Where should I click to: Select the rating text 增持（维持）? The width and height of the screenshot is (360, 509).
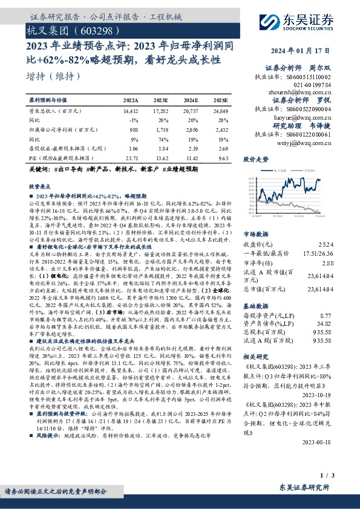tap(54, 76)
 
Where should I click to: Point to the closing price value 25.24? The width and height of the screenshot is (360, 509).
tap(342, 244)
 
